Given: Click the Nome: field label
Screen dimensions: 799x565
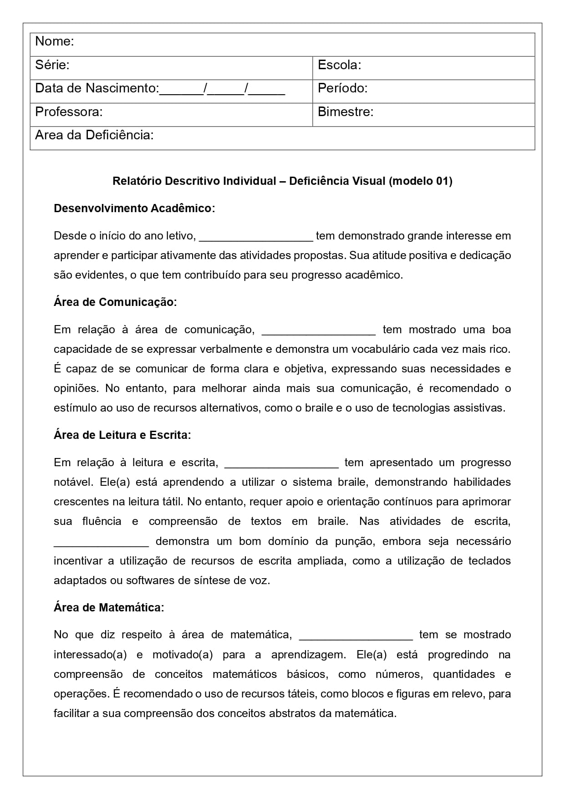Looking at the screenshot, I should tap(55, 41).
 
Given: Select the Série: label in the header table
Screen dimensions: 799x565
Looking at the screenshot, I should tap(52, 65).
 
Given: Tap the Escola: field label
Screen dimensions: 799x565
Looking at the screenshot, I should tap(339, 65).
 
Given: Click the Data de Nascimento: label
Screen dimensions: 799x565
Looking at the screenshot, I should tap(97, 88).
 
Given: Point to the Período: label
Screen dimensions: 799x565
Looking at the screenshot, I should tap(342, 88).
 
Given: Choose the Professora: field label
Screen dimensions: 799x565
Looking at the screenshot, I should tap(69, 112).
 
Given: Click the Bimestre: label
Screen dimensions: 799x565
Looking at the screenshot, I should tap(345, 112).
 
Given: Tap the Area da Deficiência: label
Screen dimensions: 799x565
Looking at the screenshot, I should tap(94, 135).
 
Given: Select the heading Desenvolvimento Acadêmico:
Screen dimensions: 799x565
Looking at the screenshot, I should tap(134, 209).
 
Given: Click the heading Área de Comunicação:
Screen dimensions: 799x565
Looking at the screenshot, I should tap(115, 302).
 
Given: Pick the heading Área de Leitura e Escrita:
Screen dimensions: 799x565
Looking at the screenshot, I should tap(122, 435).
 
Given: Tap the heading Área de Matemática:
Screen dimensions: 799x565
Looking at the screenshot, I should tap(109, 608).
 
